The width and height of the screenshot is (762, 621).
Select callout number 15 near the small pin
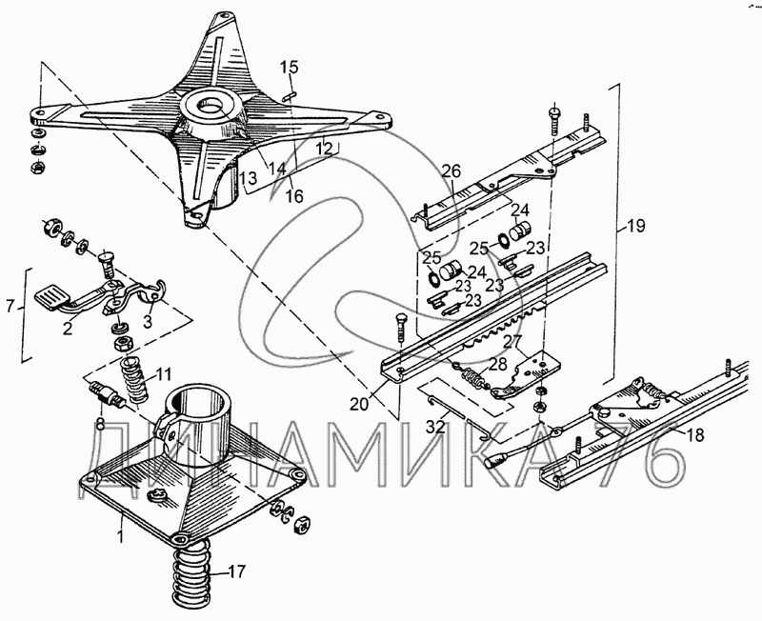click(x=290, y=67)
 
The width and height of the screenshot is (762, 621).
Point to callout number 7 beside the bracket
click(x=10, y=307)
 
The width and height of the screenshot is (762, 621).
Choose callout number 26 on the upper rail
click(x=451, y=171)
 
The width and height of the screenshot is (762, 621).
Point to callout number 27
click(x=511, y=340)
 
